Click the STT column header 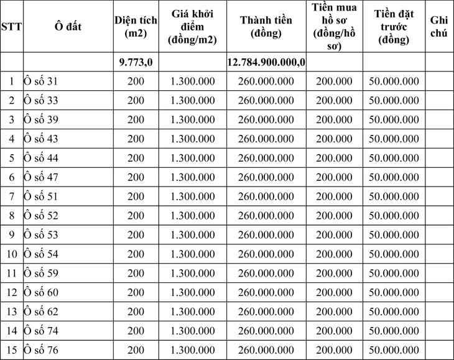click(x=12, y=27)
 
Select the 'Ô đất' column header click(x=68, y=27)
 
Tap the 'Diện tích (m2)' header click(x=135, y=27)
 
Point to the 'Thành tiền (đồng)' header click(x=266, y=27)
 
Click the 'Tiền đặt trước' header click(x=394, y=27)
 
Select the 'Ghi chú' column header click(x=439, y=27)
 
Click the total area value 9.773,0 click(x=136, y=62)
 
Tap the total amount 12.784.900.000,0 click(x=266, y=62)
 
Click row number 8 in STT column click(x=12, y=216)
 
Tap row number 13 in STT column click(x=12, y=312)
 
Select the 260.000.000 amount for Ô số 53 click(x=266, y=235)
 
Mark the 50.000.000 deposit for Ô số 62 click(x=394, y=312)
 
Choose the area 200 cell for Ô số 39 click(x=136, y=120)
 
